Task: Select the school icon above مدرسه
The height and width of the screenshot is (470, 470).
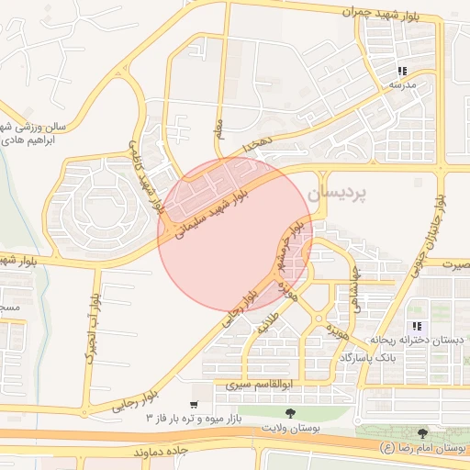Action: [401, 72]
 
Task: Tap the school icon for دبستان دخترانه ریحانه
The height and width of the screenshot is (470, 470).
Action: [418, 326]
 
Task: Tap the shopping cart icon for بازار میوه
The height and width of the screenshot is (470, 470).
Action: [193, 404]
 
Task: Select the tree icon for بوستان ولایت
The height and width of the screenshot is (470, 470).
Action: [290, 414]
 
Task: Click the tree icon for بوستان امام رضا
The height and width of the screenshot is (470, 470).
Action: [422, 432]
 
